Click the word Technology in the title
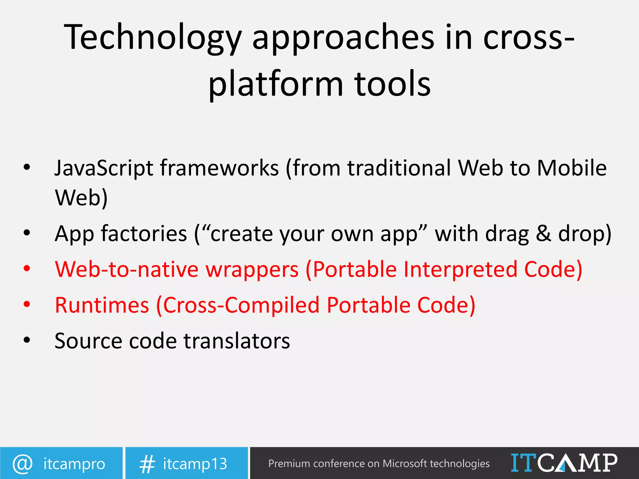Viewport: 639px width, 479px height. click(x=153, y=37)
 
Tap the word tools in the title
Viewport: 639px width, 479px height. click(x=392, y=84)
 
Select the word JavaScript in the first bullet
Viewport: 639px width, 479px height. click(x=104, y=168)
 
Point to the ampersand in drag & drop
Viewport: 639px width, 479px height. click(x=543, y=234)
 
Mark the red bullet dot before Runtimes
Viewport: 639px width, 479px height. click(x=27, y=304)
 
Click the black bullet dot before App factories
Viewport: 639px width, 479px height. click(x=27, y=233)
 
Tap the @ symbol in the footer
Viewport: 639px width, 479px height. click(x=22, y=464)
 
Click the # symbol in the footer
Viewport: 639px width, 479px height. click(x=147, y=464)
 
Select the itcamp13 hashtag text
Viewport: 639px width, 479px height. click(x=195, y=464)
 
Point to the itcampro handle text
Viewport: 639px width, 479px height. click(x=74, y=464)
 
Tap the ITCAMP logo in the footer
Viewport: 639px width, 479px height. click(x=564, y=463)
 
